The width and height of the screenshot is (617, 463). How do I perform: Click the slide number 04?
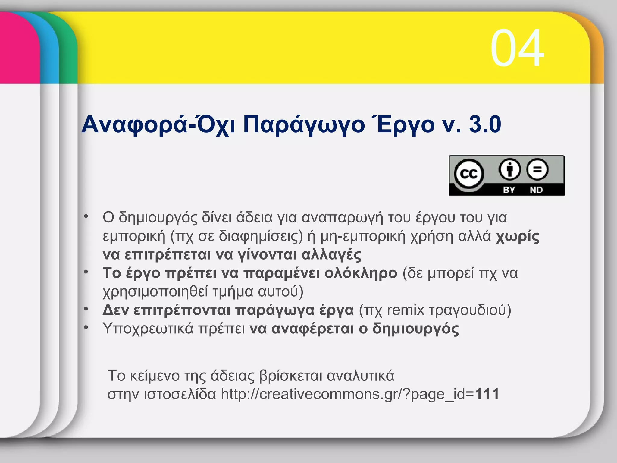click(x=517, y=48)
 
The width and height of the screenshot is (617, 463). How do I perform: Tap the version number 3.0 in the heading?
click(x=485, y=124)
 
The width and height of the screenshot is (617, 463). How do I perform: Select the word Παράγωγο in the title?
click(x=304, y=125)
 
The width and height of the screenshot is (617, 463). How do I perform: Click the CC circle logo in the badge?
click(x=469, y=174)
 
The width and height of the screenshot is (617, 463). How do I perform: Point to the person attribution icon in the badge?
click(x=510, y=169)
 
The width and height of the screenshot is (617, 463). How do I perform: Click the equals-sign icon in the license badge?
click(x=537, y=169)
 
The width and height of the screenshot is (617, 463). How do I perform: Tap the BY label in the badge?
click(x=509, y=190)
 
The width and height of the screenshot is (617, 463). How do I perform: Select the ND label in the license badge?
click(x=536, y=190)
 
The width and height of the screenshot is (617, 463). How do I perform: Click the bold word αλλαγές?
click(x=331, y=255)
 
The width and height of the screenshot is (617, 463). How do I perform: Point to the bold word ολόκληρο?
click(x=361, y=273)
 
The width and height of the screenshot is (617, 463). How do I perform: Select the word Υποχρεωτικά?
click(x=148, y=329)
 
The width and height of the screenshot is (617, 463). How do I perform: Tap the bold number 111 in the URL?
click(x=487, y=394)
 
